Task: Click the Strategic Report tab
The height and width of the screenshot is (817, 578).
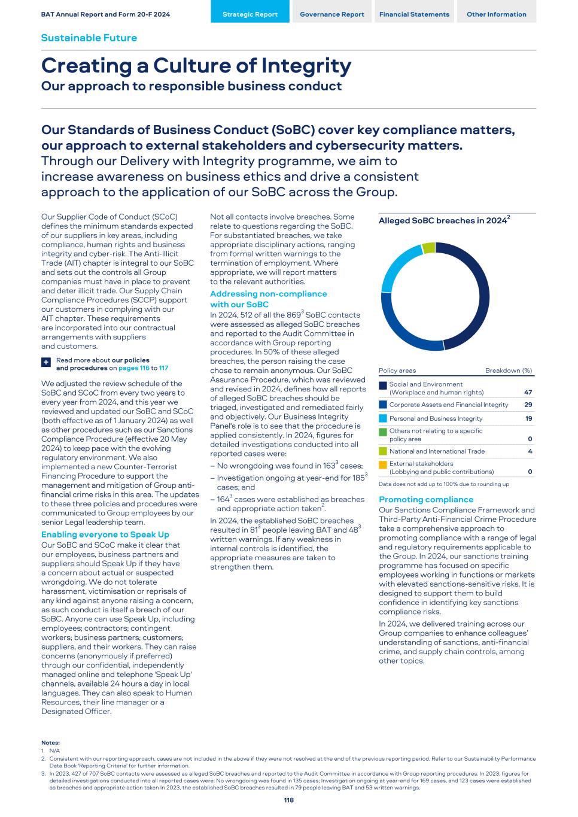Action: pyautogui.click(x=250, y=14)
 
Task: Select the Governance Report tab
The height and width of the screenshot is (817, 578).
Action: pyautogui.click(x=332, y=14)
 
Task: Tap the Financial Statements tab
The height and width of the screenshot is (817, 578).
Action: pyautogui.click(x=414, y=14)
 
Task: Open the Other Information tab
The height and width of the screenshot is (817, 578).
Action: pyautogui.click(x=497, y=14)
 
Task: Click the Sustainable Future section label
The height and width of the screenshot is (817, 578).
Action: pyautogui.click(x=89, y=38)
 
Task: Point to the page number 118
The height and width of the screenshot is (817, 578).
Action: pyautogui.click(x=289, y=800)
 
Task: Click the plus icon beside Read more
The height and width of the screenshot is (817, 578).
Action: pyautogui.click(x=46, y=363)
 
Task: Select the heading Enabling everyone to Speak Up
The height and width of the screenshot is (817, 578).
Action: pyautogui.click(x=105, y=534)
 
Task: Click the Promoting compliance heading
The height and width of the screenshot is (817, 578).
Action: pyautogui.click(x=426, y=499)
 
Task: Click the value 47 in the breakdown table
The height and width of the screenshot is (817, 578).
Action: pyautogui.click(x=528, y=393)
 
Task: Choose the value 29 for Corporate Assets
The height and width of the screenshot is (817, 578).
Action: pyautogui.click(x=528, y=405)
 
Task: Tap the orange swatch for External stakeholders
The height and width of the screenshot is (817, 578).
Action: pyautogui.click(x=383, y=465)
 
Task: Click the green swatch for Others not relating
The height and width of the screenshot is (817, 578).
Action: pyautogui.click(x=383, y=432)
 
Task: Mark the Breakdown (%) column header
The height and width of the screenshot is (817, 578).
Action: pyautogui.click(x=509, y=370)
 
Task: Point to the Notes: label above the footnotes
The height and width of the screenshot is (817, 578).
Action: pyautogui.click(x=50, y=743)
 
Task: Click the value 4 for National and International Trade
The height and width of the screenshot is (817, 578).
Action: pyautogui.click(x=530, y=451)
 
